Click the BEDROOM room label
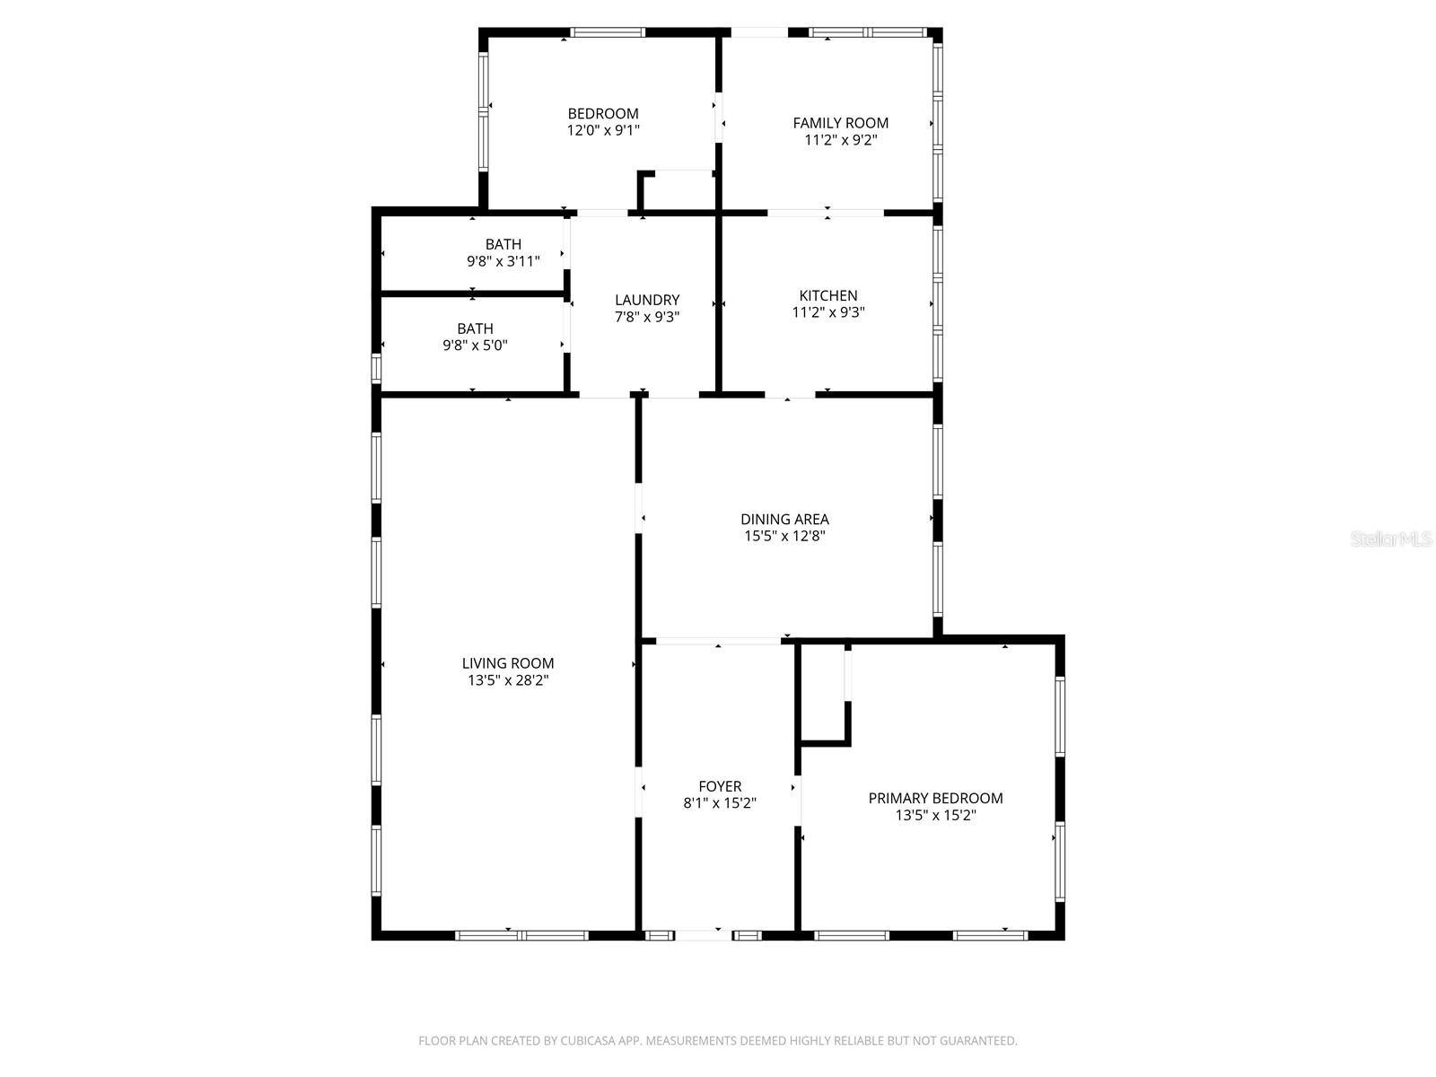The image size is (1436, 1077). click(602, 114)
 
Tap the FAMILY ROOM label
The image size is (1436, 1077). click(840, 123)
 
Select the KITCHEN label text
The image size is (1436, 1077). click(827, 295)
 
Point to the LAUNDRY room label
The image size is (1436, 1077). click(647, 300)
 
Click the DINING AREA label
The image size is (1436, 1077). click(784, 520)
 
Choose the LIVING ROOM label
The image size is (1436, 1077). click(508, 663)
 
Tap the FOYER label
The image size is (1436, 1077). click(720, 786)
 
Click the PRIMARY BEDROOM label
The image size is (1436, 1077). click(935, 798)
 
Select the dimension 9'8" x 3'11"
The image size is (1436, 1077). click(503, 261)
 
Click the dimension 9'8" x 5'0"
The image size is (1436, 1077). click(475, 346)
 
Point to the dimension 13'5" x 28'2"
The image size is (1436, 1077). click(508, 680)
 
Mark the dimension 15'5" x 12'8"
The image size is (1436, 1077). click(784, 536)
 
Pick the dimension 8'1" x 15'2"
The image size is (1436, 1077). click(720, 803)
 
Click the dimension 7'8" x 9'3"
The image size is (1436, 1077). click(647, 317)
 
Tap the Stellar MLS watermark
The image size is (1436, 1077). click(1391, 538)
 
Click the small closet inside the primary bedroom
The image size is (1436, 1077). click(824, 693)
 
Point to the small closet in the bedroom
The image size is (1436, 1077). click(678, 191)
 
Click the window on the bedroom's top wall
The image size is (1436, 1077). click(607, 32)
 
